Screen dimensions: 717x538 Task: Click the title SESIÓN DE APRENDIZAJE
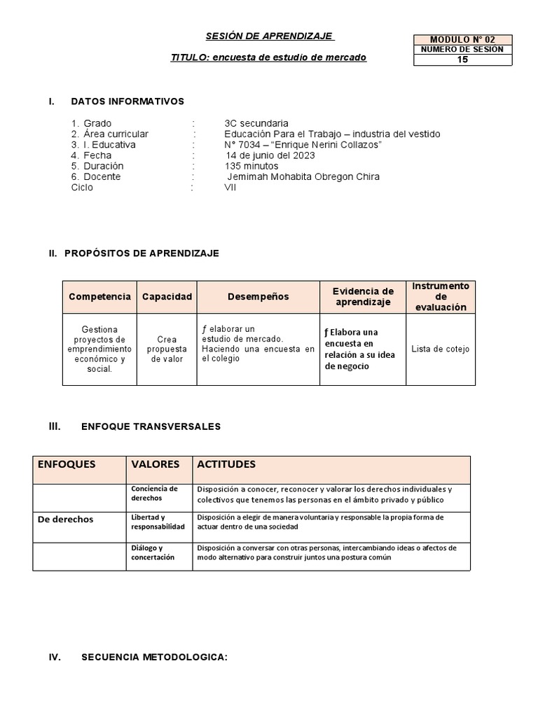tap(269, 36)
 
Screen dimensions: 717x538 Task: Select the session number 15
tap(463, 60)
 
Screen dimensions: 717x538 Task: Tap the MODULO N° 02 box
tap(463, 40)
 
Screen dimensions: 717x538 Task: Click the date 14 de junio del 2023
tap(270, 155)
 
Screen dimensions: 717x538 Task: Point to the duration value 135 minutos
tap(251, 166)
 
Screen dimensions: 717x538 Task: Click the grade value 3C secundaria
tap(256, 123)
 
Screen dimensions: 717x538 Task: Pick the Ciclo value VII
tap(230, 188)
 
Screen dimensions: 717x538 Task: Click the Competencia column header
tap(99, 297)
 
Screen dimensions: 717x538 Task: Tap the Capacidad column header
tap(167, 297)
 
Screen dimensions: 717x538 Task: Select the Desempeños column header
tap(258, 297)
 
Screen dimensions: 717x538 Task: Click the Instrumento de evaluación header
tap(441, 297)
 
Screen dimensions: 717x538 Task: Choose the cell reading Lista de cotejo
tap(441, 349)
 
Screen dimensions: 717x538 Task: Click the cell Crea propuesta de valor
tap(167, 349)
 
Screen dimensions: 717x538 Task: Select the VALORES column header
tap(156, 464)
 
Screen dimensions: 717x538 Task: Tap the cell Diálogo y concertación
tap(153, 552)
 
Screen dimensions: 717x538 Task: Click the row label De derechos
tap(65, 520)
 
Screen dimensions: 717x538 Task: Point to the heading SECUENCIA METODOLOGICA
tap(154, 657)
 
